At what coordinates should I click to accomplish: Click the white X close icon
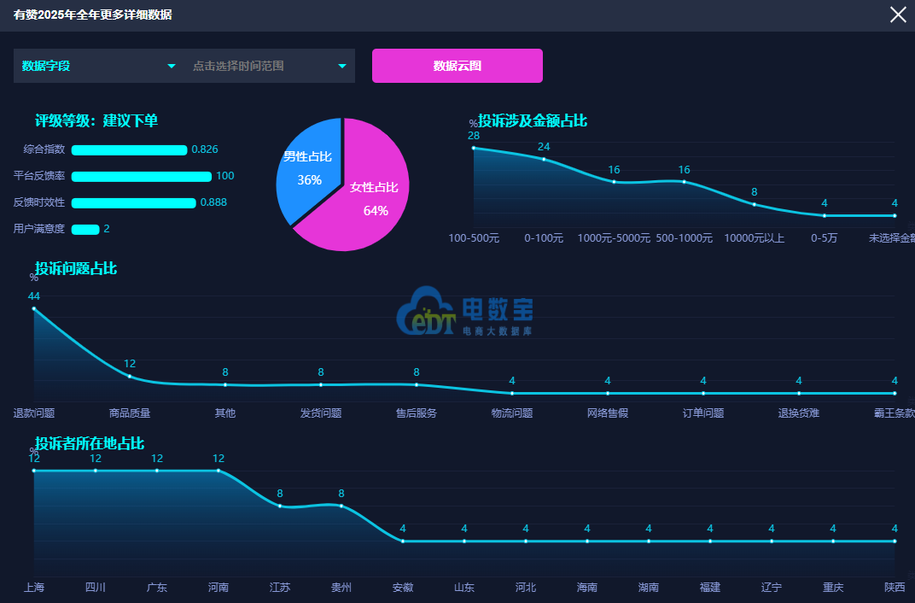pyautogui.click(x=898, y=15)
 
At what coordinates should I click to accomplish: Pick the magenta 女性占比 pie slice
pyautogui.click(x=368, y=198)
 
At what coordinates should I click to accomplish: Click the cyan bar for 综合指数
pyautogui.click(x=129, y=150)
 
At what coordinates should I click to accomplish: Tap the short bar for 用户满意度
pyautogui.click(x=85, y=230)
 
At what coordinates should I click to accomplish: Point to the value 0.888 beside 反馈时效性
pyautogui.click(x=213, y=202)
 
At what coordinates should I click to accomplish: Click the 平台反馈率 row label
pyautogui.click(x=39, y=176)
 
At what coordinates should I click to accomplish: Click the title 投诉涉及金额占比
pyautogui.click(x=533, y=120)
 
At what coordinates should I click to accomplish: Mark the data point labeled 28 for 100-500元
pyautogui.click(x=474, y=149)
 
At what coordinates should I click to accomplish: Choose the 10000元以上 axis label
pyautogui.click(x=754, y=238)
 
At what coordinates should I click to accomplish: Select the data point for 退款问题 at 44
pyautogui.click(x=34, y=309)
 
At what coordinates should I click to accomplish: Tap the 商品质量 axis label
pyautogui.click(x=130, y=413)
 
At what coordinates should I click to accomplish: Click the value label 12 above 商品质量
pyautogui.click(x=130, y=364)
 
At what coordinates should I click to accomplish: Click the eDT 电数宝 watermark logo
pyautogui.click(x=464, y=311)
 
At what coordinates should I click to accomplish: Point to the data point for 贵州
pyautogui.click(x=341, y=506)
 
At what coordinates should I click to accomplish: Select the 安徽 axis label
pyautogui.click(x=403, y=588)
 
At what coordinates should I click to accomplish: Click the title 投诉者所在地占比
pyautogui.click(x=90, y=443)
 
